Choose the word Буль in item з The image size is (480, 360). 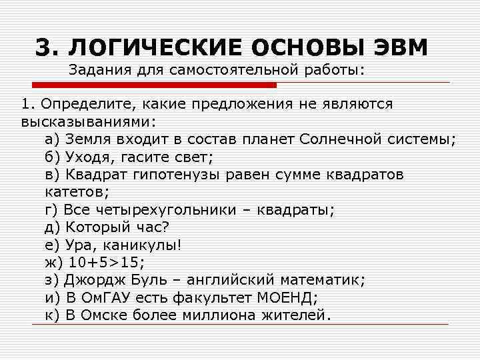153,279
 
